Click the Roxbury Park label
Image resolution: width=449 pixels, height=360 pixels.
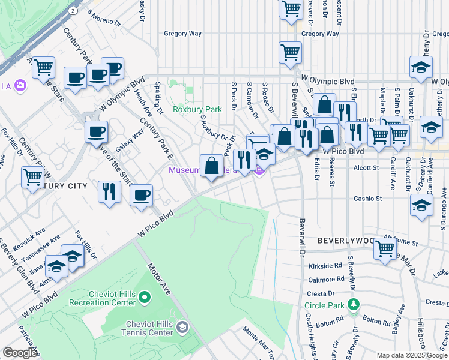(x=197, y=109)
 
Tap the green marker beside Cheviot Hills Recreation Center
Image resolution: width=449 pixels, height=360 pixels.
(x=144, y=297)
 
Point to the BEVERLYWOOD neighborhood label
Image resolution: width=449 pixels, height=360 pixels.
(x=346, y=240)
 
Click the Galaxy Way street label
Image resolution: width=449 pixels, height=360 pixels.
(x=130, y=143)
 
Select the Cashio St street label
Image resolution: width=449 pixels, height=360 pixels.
(x=367, y=198)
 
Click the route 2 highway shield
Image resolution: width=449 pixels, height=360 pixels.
(x=72, y=11)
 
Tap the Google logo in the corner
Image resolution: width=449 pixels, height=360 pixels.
(x=19, y=353)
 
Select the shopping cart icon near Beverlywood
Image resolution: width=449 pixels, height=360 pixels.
(x=385, y=247)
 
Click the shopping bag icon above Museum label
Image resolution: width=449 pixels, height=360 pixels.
(x=212, y=166)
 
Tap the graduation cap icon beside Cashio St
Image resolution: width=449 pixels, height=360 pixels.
(x=422, y=205)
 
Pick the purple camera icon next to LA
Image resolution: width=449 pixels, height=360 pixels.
(x=21, y=86)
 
